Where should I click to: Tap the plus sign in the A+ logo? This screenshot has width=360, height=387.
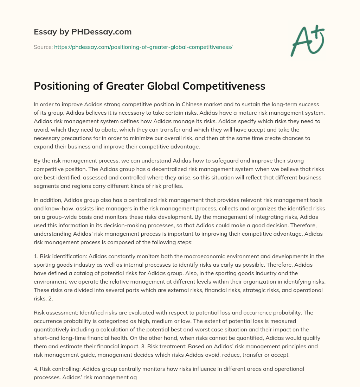point(319,33)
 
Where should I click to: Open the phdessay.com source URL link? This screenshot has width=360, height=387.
point(143,47)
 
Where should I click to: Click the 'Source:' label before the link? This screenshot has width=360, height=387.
point(43,47)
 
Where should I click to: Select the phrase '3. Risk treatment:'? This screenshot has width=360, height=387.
point(193,346)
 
